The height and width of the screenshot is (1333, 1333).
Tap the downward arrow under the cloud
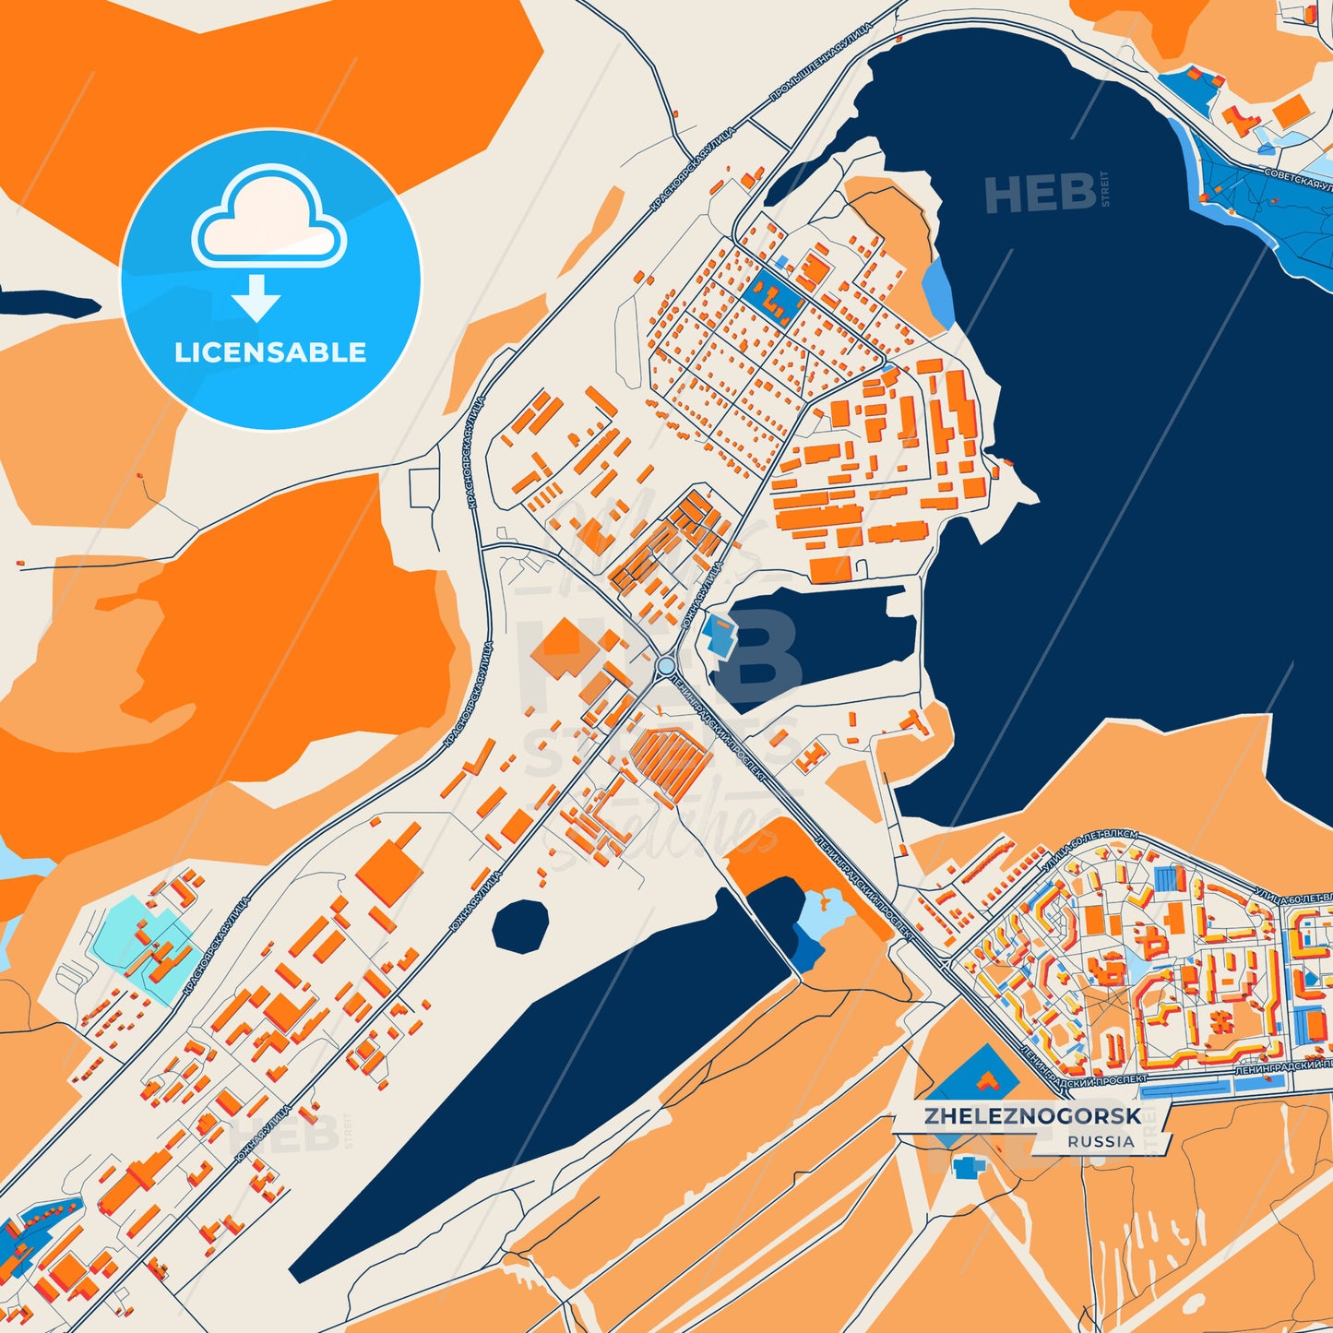256,297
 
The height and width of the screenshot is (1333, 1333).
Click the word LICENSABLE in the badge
270,352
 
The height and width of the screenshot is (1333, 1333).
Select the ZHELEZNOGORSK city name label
1032,1116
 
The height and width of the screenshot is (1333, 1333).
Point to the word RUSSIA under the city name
1101,1141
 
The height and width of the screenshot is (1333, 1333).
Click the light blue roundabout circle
666,665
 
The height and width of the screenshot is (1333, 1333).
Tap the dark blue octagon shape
520,926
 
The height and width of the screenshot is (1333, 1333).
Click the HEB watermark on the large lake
1041,193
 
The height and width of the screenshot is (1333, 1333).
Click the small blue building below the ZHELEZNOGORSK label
967,1168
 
